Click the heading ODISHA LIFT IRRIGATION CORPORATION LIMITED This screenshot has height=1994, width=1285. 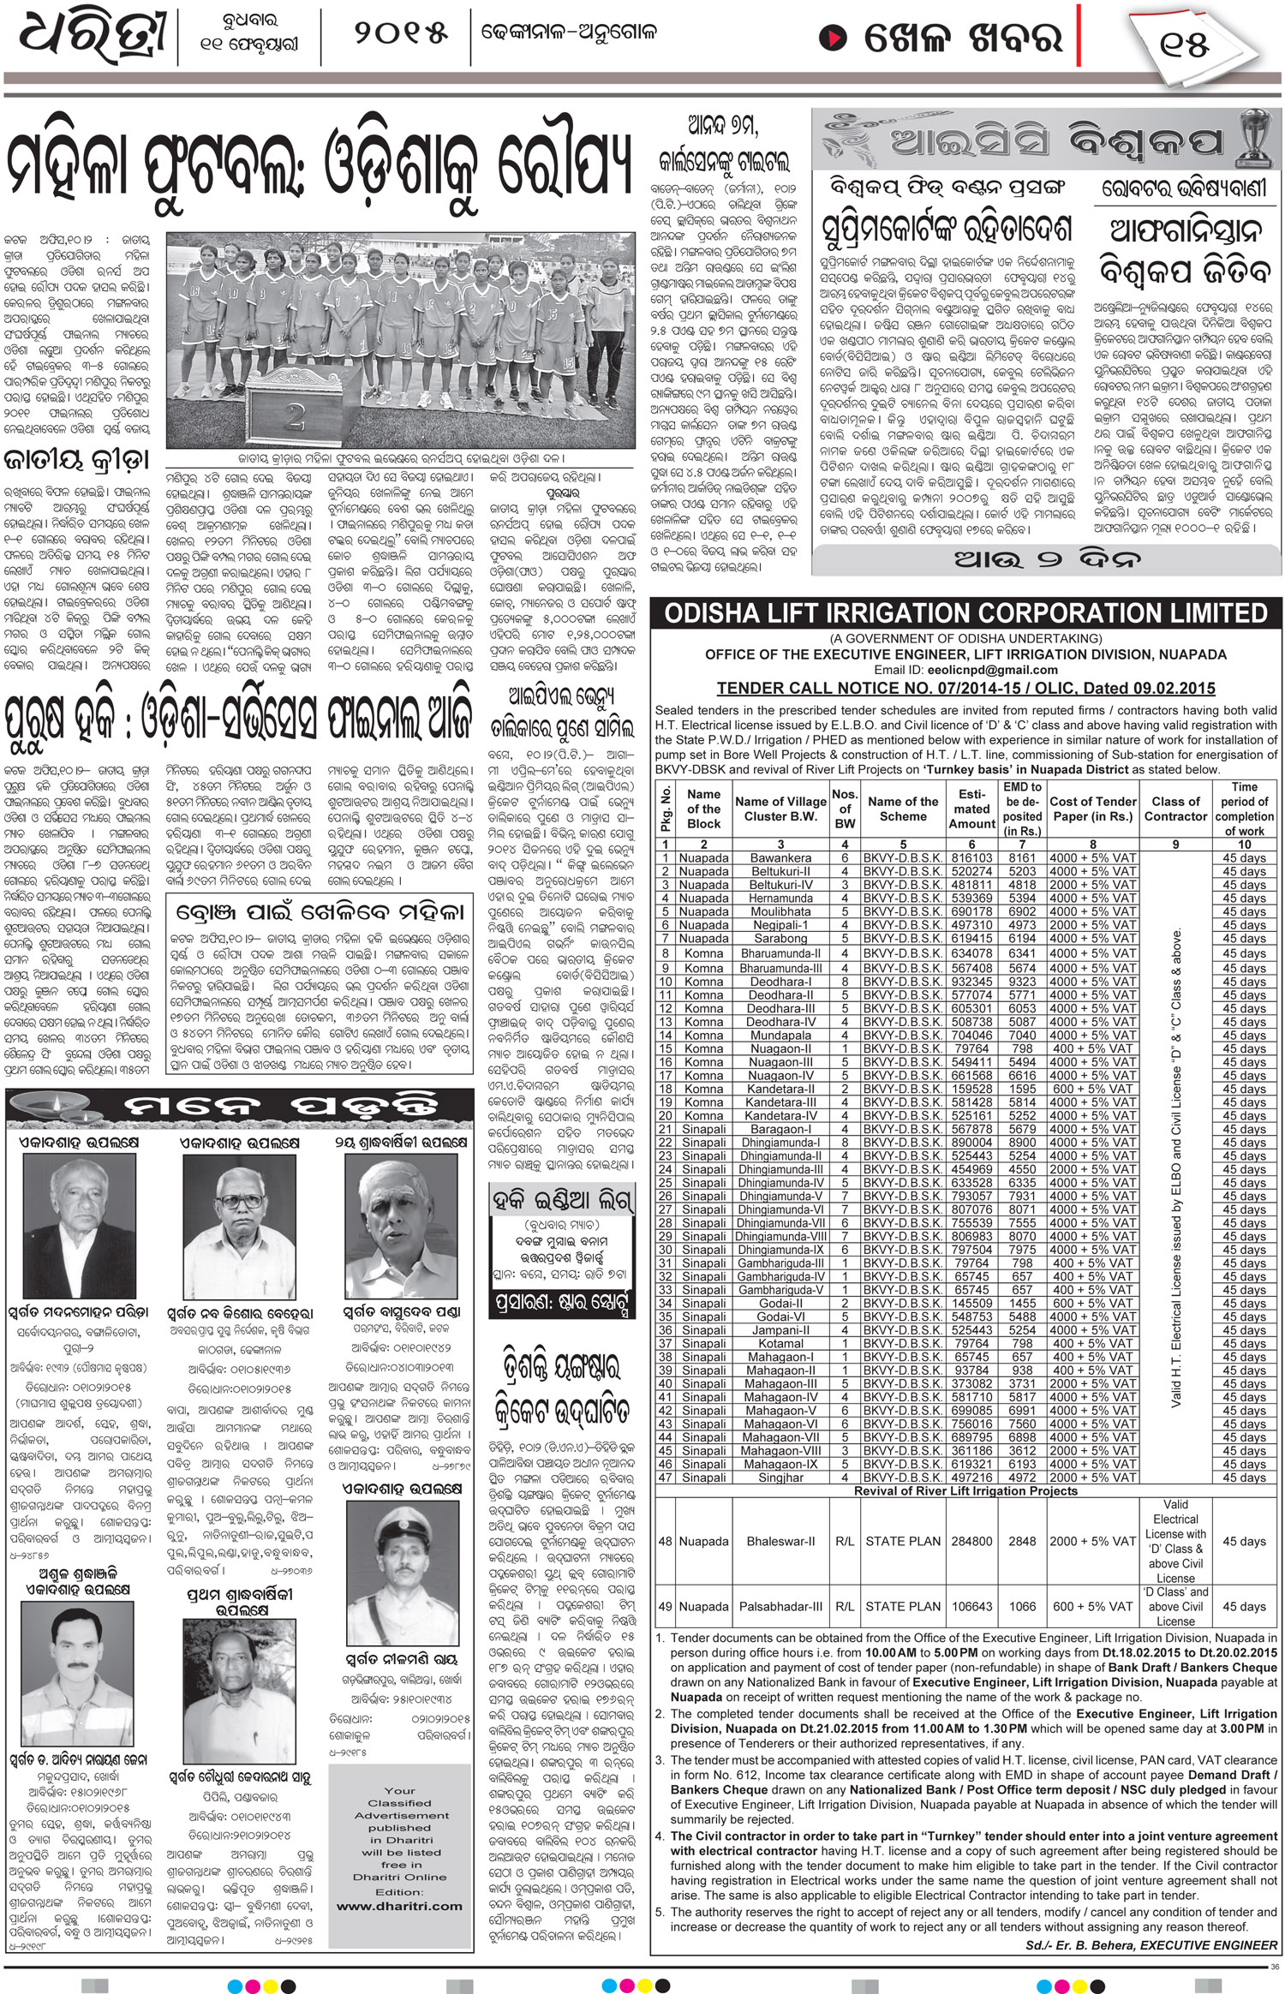[x=965, y=613]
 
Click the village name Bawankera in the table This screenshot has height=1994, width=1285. [x=780, y=857]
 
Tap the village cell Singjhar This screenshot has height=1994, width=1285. [x=780, y=1478]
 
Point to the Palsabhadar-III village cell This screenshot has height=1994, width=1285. [x=780, y=1607]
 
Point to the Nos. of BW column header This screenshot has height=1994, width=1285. [x=845, y=809]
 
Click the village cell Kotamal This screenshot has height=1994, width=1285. [x=780, y=1343]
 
